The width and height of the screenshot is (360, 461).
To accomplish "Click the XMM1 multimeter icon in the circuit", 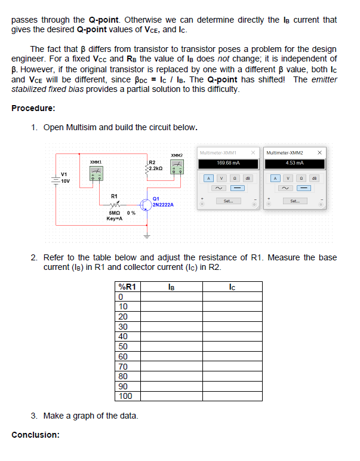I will pos(95,173).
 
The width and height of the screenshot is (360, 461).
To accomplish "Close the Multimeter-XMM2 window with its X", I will pos(321,152).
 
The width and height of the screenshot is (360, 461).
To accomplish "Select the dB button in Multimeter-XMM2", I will pos(315,178).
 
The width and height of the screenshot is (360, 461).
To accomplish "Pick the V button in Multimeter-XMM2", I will pos(288,178).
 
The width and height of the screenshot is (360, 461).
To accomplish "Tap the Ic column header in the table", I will pos(232,286).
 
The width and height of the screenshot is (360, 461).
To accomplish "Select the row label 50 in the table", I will pos(124,346).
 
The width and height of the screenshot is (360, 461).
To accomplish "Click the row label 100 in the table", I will pos(125,396).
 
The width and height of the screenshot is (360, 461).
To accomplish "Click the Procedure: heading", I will pos(33,108).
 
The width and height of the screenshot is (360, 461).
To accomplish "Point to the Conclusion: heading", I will pos(35,434).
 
